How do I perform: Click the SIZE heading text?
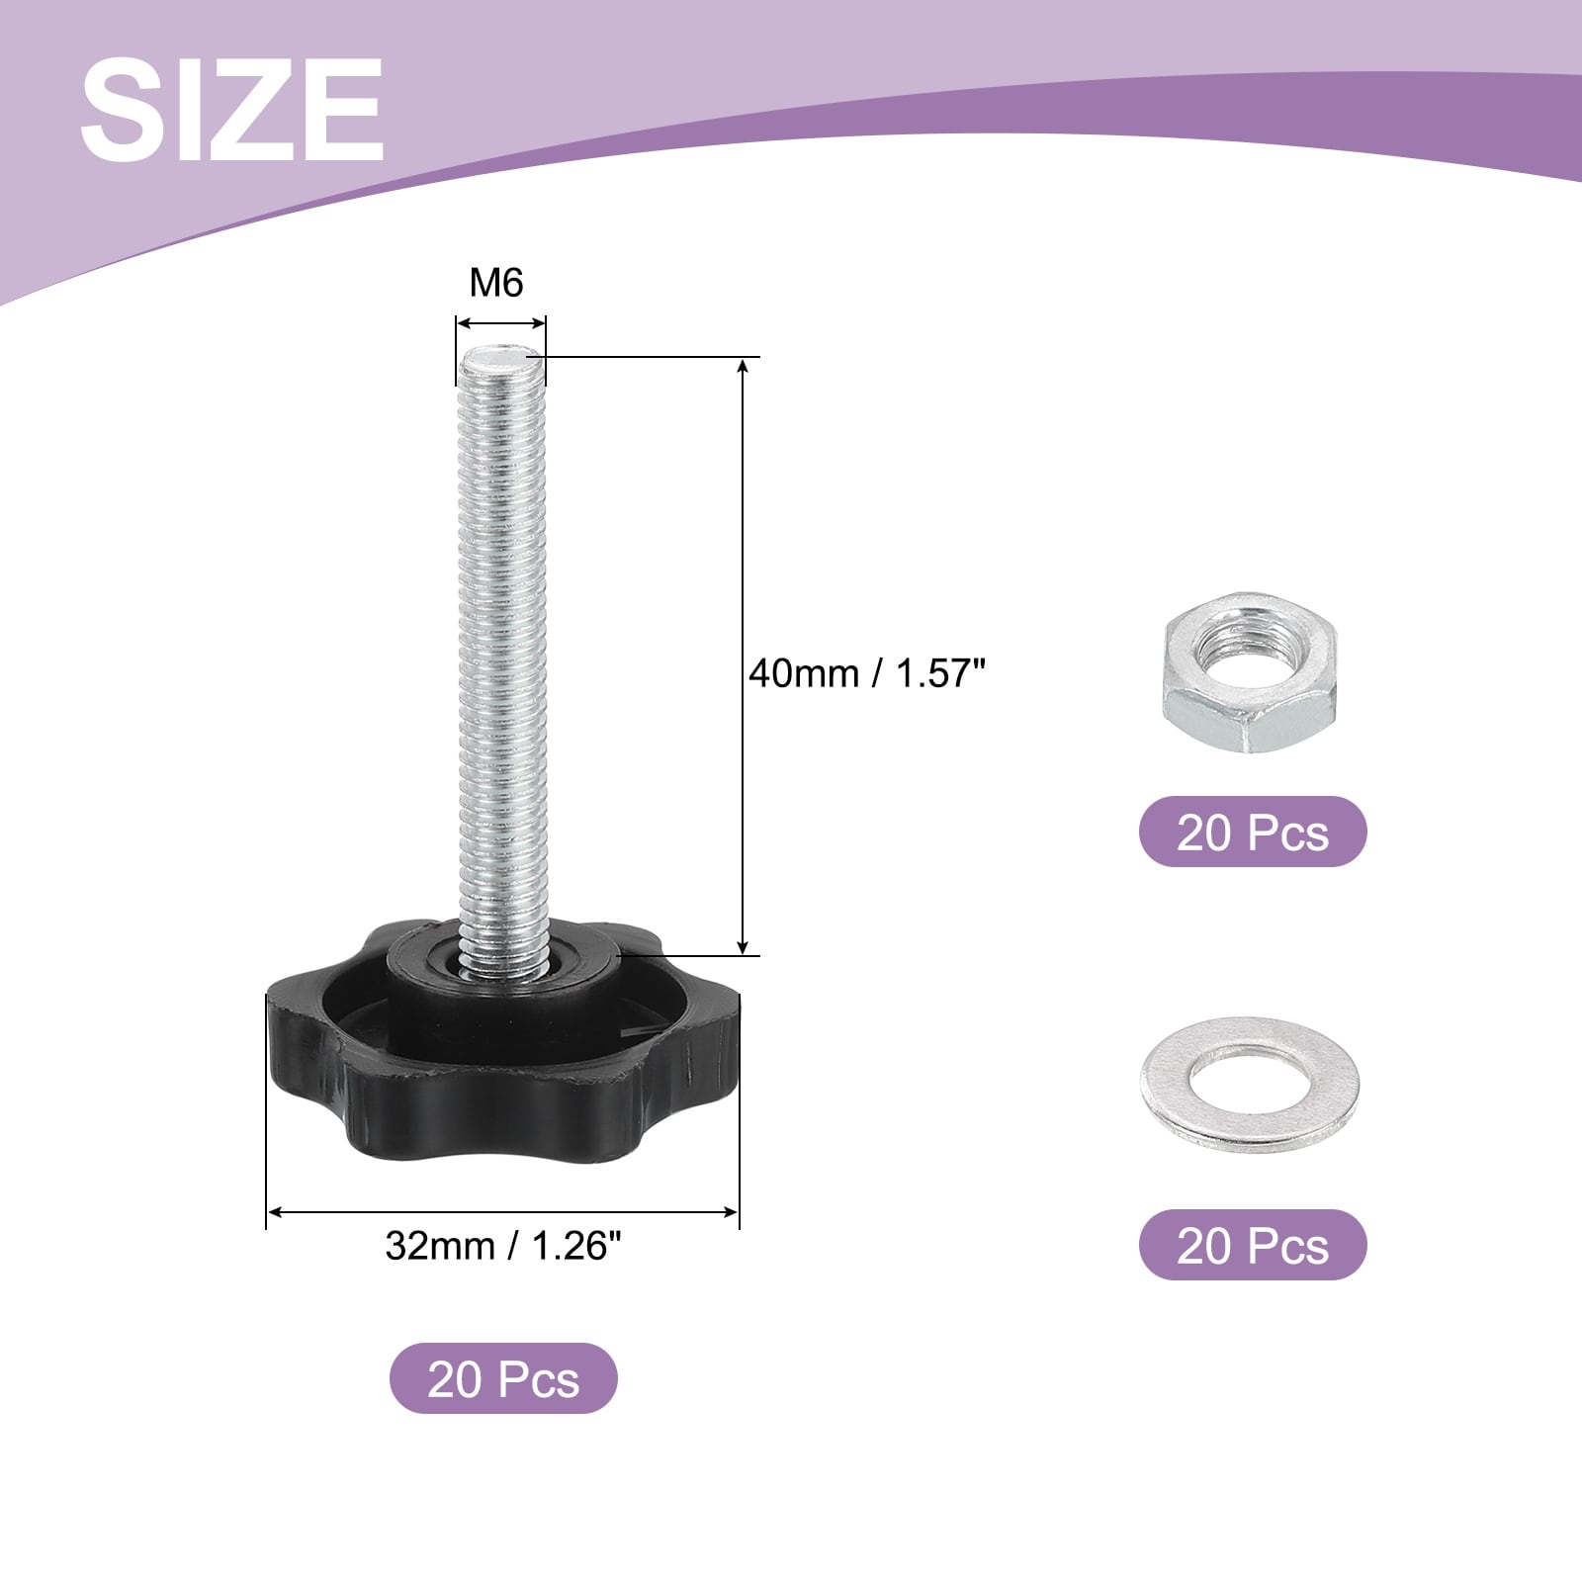(x=231, y=109)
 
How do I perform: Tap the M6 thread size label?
(x=496, y=283)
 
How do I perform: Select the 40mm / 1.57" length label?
(x=867, y=674)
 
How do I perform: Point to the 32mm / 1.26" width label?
(x=503, y=1246)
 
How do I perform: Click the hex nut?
(x=1250, y=673)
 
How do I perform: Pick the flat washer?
(x=1250, y=1085)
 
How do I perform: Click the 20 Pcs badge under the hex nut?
(x=1253, y=832)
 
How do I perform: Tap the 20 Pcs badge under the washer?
(x=1253, y=1245)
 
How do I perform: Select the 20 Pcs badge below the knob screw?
(x=503, y=1378)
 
